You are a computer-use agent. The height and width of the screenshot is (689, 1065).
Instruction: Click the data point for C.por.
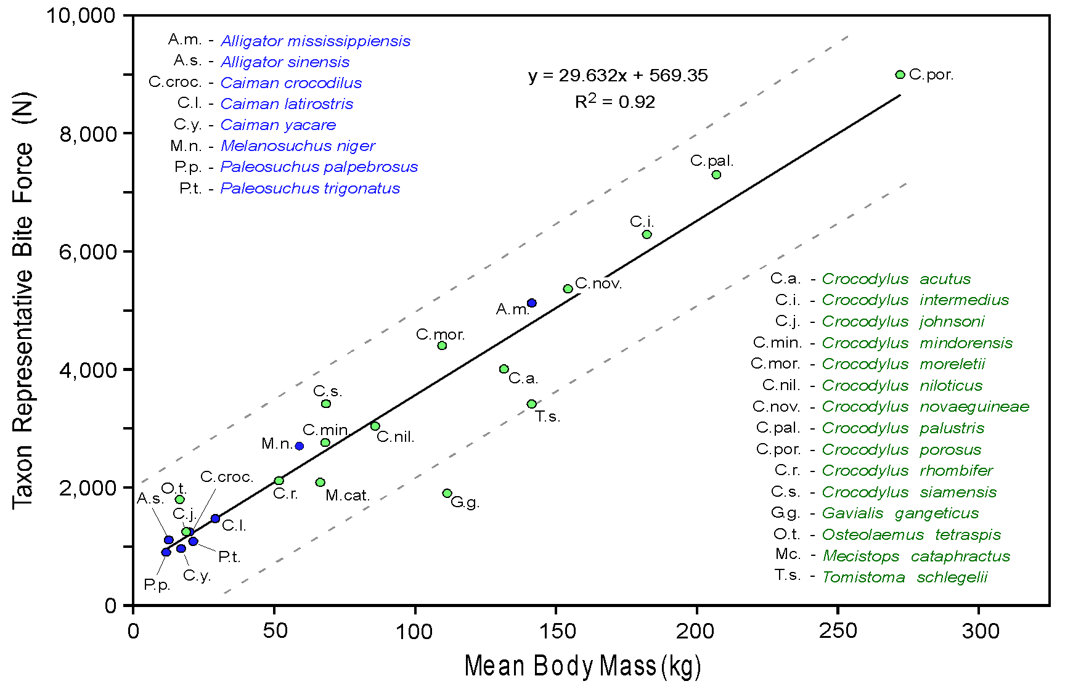[x=900, y=75]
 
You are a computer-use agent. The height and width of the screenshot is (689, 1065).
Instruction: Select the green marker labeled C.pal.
[x=716, y=175]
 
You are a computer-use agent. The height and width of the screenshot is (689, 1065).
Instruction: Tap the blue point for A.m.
[x=532, y=303]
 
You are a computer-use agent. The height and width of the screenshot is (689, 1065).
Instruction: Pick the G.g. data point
[x=447, y=493]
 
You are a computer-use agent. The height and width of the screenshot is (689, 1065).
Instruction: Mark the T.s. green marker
[x=532, y=404]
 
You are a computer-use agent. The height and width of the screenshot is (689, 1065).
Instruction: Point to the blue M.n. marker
[x=300, y=446]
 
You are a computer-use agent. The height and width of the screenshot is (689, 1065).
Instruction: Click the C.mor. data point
[x=442, y=346]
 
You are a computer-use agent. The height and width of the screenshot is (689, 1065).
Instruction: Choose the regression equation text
[x=618, y=75]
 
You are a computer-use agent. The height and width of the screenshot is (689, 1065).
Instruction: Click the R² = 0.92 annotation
[x=614, y=102]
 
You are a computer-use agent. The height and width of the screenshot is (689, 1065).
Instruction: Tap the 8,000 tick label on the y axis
[x=88, y=134]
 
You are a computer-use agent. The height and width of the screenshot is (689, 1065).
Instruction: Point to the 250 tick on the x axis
[x=838, y=631]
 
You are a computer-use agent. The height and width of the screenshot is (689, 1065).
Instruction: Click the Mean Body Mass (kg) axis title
[x=582, y=666]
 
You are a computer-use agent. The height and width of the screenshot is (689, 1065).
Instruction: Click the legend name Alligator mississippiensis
[x=316, y=41]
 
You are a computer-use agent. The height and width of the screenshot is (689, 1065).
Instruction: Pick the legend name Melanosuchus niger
[x=298, y=146]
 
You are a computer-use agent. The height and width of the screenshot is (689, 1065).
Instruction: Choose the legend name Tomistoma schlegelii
[x=905, y=577]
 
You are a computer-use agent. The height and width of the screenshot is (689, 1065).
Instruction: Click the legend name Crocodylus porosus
[x=901, y=450]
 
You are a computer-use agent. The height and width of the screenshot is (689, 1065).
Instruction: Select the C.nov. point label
[x=598, y=284]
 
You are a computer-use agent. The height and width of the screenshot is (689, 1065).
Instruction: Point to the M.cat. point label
[x=348, y=495]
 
